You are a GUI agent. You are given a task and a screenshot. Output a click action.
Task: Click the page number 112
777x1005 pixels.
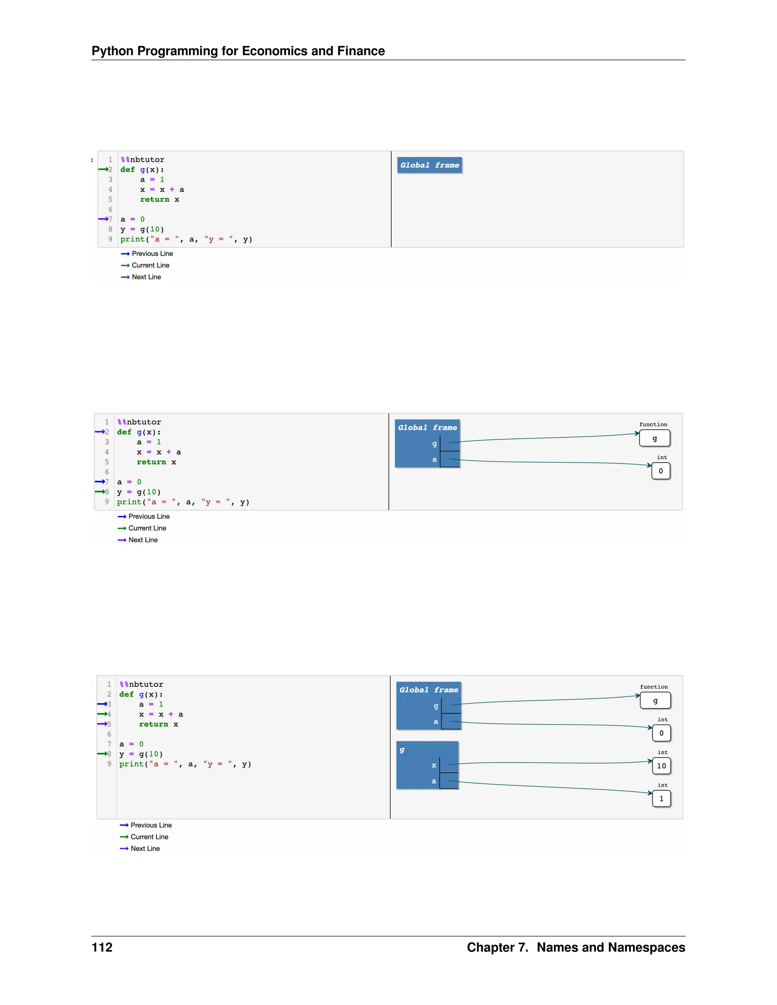point(102,947)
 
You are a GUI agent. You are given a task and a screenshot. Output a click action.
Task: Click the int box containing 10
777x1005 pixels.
point(661,766)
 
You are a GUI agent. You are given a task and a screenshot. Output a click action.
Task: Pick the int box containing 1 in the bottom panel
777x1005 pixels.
point(661,798)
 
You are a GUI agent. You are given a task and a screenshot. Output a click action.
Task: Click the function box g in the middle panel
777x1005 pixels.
point(654,438)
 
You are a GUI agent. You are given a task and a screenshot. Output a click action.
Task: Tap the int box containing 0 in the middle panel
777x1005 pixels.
point(661,471)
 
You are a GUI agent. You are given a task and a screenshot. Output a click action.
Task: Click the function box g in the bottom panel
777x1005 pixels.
point(655,700)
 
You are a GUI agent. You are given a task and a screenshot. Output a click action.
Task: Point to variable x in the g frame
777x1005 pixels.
point(434,765)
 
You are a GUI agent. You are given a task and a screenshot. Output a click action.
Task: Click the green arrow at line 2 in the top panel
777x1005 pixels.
point(103,170)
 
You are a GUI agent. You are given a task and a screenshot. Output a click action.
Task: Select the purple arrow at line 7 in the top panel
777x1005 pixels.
point(103,219)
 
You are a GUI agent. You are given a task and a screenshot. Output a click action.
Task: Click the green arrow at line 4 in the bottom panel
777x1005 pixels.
point(102,714)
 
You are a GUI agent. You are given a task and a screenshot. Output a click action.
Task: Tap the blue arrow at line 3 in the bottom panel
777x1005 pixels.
point(102,704)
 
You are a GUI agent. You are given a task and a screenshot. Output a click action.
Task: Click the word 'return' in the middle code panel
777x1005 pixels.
point(151,462)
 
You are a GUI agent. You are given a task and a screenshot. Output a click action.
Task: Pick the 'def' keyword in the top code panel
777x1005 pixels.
point(127,170)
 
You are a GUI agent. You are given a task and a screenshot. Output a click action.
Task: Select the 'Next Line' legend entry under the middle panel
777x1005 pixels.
point(143,540)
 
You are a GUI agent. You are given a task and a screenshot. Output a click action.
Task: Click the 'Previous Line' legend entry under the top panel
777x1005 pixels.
point(152,254)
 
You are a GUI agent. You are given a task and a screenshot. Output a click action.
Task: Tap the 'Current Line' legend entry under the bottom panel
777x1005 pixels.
point(149,837)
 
